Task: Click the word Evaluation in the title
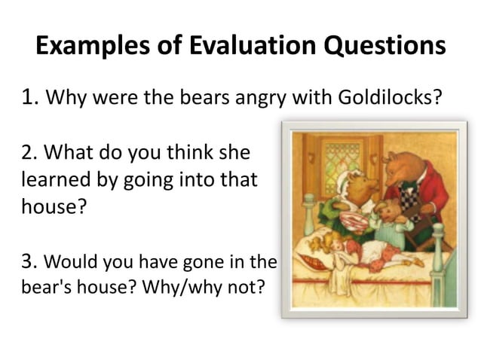246,47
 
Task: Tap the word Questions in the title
384,47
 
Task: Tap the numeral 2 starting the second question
28,154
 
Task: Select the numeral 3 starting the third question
28,262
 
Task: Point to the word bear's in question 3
44,288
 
